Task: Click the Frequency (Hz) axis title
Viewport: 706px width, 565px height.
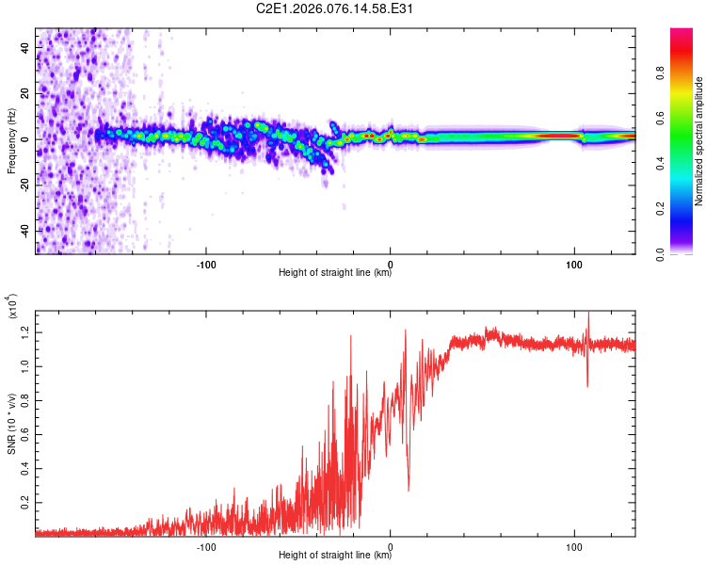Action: [11, 140]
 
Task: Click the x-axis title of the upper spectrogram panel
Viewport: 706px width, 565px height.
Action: [335, 273]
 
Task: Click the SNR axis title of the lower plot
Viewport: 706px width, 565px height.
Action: [11, 421]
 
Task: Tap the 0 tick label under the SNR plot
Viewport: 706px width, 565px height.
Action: [391, 545]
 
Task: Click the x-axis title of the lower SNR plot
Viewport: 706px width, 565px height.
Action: [335, 556]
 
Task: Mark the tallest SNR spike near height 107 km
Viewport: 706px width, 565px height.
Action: [588, 313]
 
